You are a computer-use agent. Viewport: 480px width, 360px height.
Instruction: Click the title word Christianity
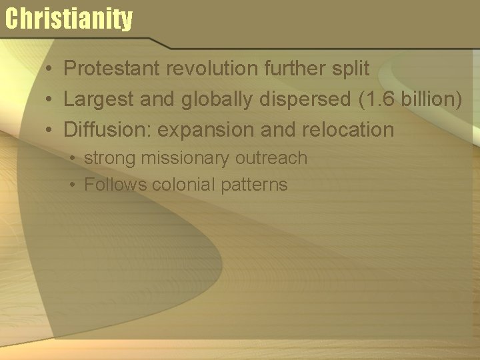coord(69,19)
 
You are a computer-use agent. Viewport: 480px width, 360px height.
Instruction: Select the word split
coord(351,68)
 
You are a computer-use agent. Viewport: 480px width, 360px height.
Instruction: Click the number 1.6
coord(377,99)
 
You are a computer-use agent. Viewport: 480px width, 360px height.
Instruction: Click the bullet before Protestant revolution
coord(50,69)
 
